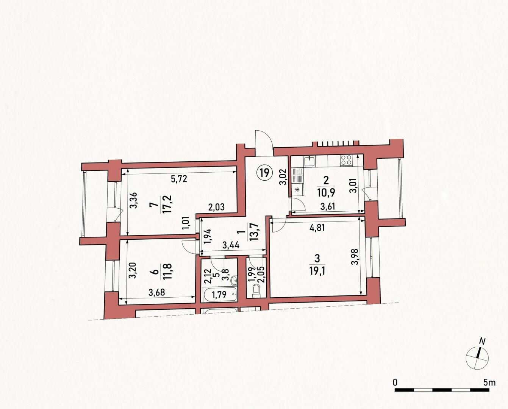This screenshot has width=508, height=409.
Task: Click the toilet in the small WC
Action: click(256, 292)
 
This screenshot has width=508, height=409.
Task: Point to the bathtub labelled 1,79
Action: click(220, 295)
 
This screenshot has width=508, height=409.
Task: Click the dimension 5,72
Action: click(179, 179)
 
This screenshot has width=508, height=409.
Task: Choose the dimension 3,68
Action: click(156, 293)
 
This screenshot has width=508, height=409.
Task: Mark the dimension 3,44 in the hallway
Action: click(231, 245)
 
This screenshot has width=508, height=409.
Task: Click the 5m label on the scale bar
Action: click(489, 382)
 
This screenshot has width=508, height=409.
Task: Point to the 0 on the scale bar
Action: click(395, 382)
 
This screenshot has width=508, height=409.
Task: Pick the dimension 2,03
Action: click(216, 207)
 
